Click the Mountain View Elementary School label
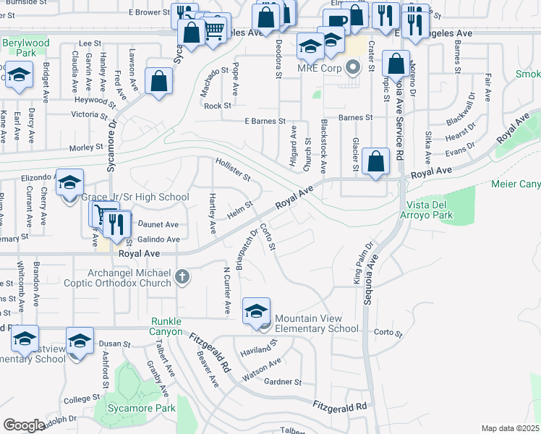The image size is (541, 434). pos(317,323)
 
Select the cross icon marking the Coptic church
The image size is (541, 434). pos(182,276)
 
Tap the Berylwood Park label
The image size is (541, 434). pos(25,48)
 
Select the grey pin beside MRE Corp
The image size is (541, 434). pos(353,69)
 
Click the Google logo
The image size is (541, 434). pos(24,425)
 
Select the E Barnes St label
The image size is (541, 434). pos(264,121)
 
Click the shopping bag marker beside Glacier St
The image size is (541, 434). pos(376,161)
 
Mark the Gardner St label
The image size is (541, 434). pos(282,382)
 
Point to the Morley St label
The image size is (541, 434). pos(86,148)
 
